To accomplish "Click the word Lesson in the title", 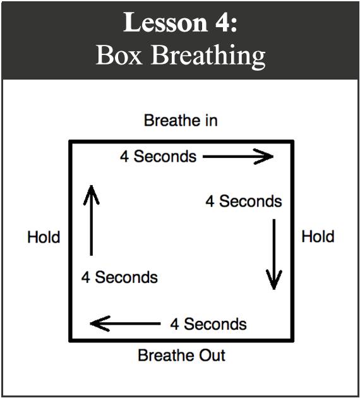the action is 165,22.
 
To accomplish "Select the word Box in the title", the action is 119,55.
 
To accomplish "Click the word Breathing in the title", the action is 208,57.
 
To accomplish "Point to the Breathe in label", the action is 181,120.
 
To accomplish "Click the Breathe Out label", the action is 181,355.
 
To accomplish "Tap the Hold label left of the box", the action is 44,237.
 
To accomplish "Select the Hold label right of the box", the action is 318,236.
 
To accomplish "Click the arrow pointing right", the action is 238,157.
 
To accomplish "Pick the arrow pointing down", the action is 274,255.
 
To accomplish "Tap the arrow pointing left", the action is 125,323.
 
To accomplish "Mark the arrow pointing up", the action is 92,220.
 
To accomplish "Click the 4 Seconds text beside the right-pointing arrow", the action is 159,157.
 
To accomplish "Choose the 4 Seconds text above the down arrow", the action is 244,202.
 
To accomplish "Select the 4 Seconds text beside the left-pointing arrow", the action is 208,324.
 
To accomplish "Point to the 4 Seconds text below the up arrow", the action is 119,277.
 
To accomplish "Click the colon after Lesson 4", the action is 234,26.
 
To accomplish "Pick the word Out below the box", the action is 212,355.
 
